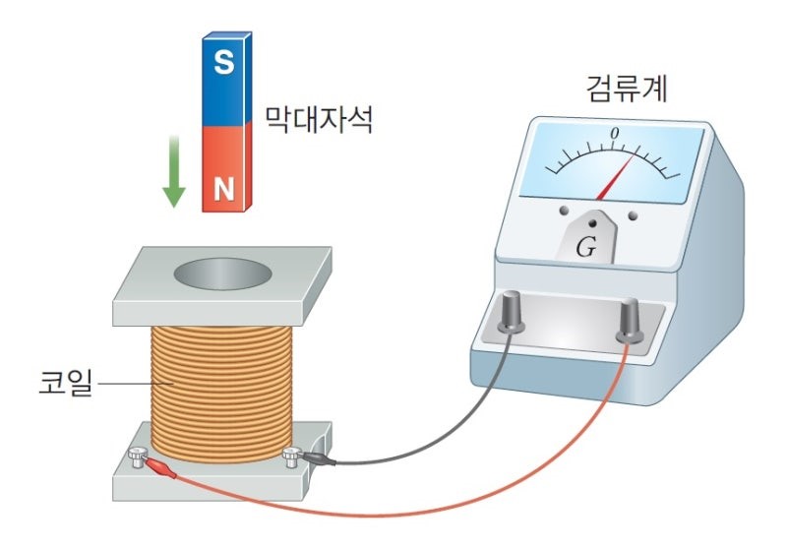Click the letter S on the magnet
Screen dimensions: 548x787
point(224,64)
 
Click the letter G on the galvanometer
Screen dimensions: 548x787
point(585,247)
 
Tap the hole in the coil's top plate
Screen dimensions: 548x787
point(222,273)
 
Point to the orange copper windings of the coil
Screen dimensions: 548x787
point(221,384)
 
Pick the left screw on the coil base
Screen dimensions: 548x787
point(137,455)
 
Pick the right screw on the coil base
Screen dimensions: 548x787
point(291,454)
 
